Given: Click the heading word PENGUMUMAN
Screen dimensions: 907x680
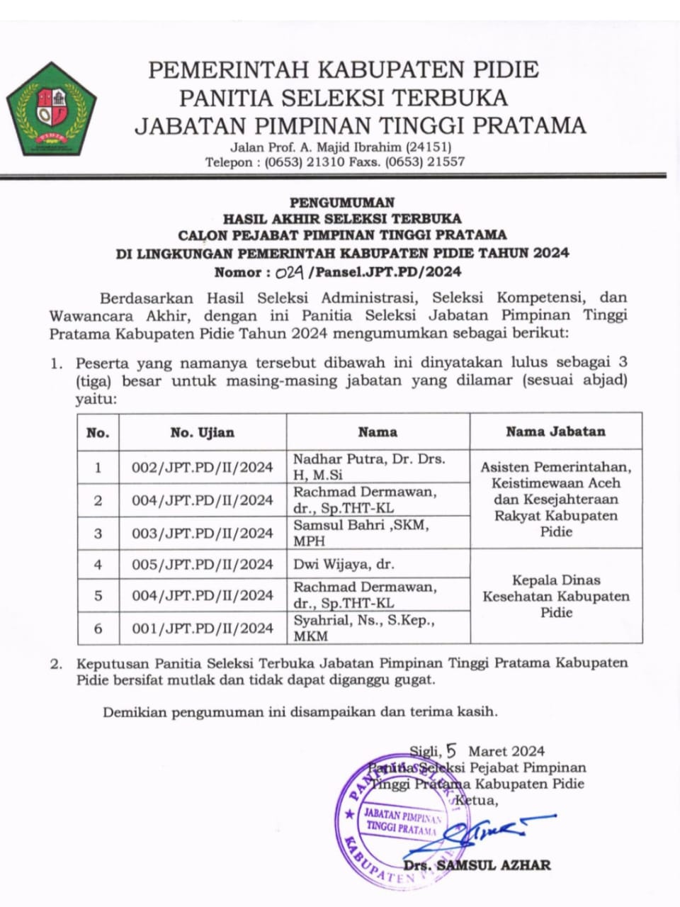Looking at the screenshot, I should tap(342, 202).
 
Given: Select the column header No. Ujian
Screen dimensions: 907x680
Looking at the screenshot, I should tap(202, 432).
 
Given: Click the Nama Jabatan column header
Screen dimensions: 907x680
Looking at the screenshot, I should tap(555, 431).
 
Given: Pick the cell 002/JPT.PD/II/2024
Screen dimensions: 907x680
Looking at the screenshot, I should tap(202, 467).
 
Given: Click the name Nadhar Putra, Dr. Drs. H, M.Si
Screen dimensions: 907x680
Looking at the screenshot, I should tap(369, 467).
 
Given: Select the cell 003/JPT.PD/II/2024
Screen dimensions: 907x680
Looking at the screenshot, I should tap(202, 533).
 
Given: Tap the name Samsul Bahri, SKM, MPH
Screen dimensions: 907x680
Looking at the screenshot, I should tap(361, 533).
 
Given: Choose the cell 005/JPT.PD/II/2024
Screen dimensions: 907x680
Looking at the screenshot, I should tap(202, 564).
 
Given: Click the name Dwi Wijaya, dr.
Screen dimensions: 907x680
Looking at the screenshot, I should tap(344, 564).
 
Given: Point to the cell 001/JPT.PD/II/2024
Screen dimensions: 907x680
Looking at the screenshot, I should tap(202, 628).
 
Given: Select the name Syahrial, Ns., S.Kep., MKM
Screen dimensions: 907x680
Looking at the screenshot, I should tap(364, 628).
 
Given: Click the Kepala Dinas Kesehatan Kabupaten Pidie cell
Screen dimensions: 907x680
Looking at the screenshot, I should tap(555, 596).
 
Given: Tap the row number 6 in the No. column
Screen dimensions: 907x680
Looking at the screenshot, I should tap(98, 628).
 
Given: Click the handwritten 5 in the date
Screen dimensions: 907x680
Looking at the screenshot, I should tap(452, 750).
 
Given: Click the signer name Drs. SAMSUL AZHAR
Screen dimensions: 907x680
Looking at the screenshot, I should tap(477, 865).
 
